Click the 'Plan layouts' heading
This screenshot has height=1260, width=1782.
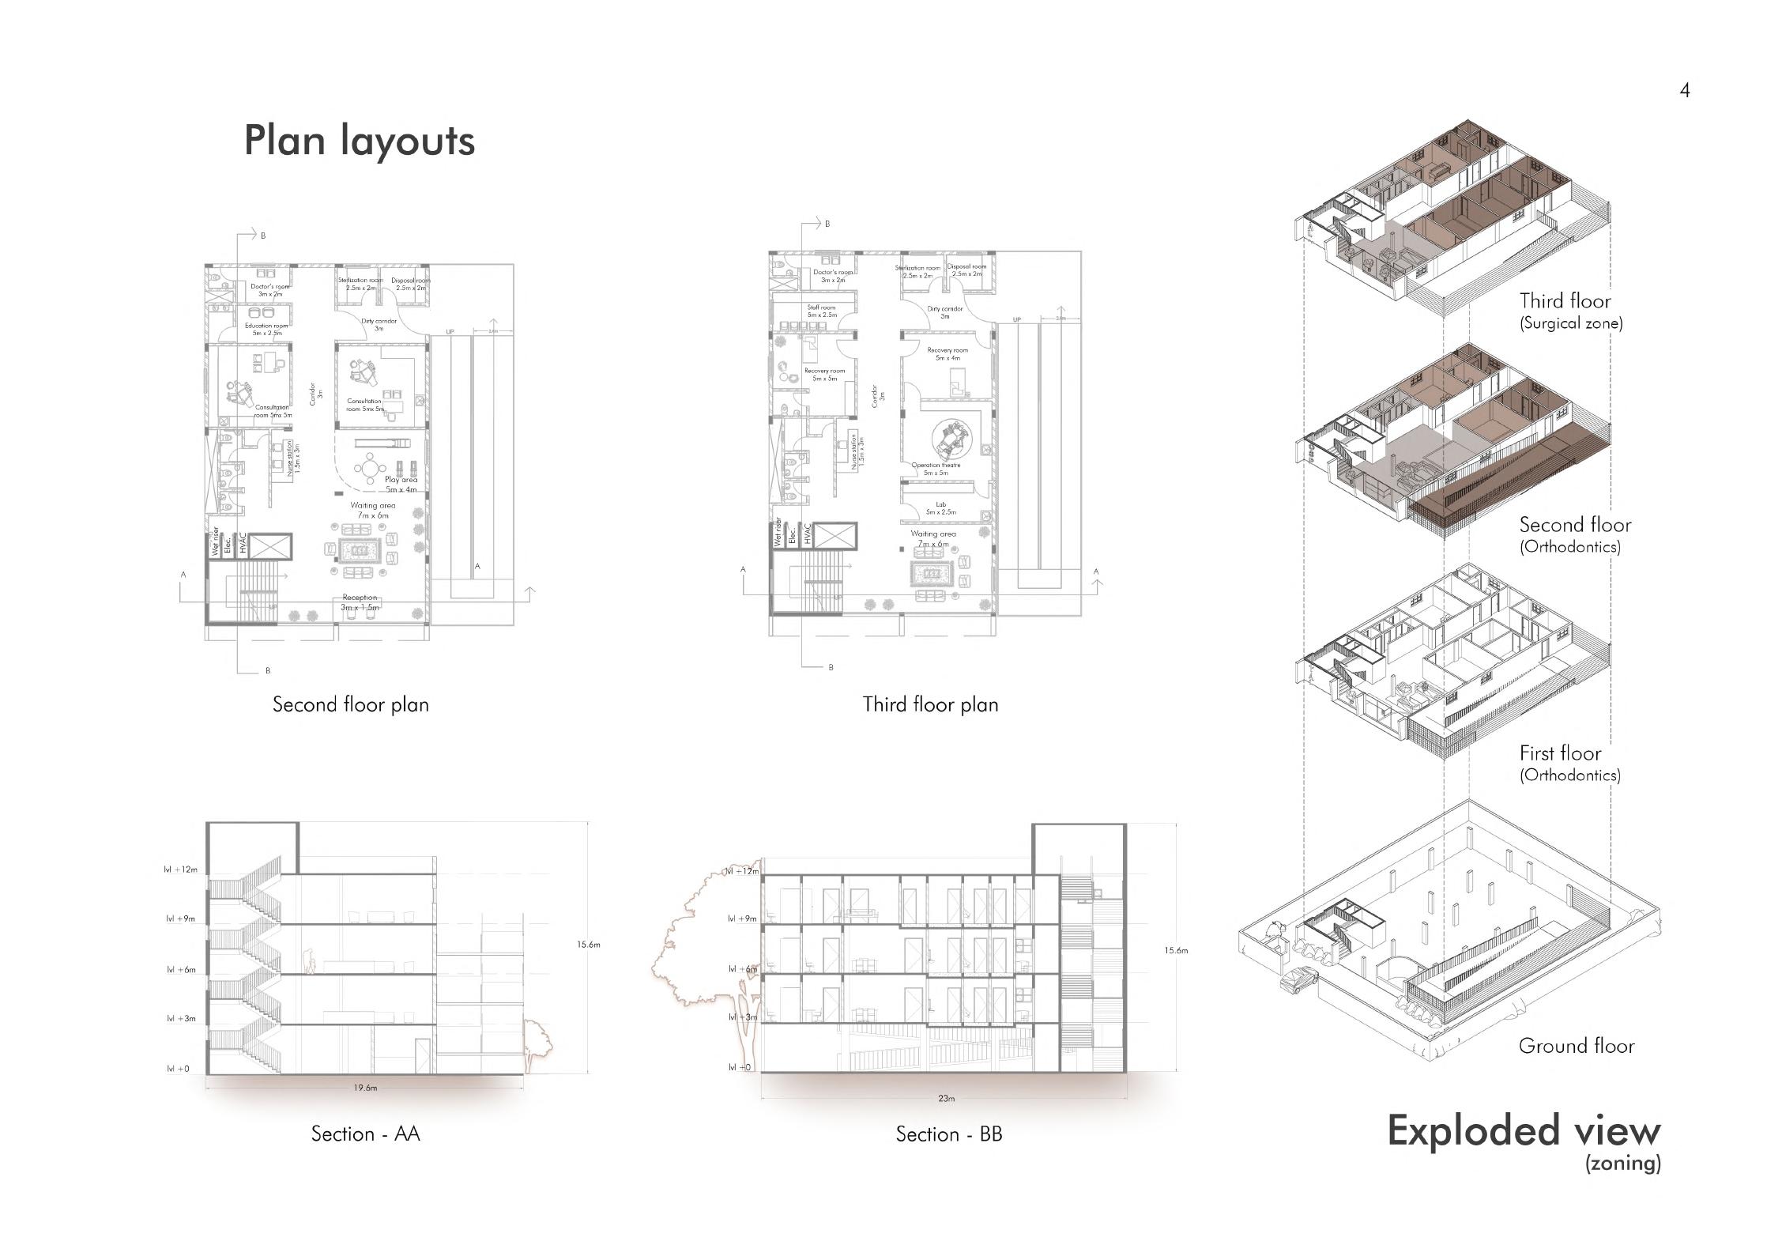(x=359, y=141)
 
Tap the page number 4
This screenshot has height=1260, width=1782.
(x=1684, y=91)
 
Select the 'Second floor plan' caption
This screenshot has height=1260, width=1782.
(x=351, y=704)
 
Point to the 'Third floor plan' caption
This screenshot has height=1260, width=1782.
(x=930, y=704)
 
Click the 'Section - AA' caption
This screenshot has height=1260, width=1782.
(x=365, y=1134)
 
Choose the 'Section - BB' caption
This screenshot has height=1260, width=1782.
(x=948, y=1134)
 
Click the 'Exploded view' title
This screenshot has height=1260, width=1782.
(x=1523, y=1130)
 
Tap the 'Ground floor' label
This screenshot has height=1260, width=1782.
(x=1576, y=1046)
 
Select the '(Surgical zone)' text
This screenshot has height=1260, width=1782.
(x=1571, y=323)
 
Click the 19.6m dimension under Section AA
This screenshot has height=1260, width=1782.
(x=365, y=1088)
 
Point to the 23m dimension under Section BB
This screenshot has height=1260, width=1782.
(x=946, y=1098)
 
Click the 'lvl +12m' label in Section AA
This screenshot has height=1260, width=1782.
(x=180, y=870)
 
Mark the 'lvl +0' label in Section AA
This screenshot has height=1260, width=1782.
(x=178, y=1069)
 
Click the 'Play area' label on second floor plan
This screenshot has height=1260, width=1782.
(x=401, y=480)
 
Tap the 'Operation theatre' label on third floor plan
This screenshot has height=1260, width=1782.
(x=936, y=465)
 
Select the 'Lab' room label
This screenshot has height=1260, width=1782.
(x=940, y=504)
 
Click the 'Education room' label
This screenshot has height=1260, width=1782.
(x=266, y=326)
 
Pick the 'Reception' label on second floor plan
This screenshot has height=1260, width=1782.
(x=360, y=598)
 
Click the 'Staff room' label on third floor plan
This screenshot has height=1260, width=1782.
(x=821, y=307)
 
